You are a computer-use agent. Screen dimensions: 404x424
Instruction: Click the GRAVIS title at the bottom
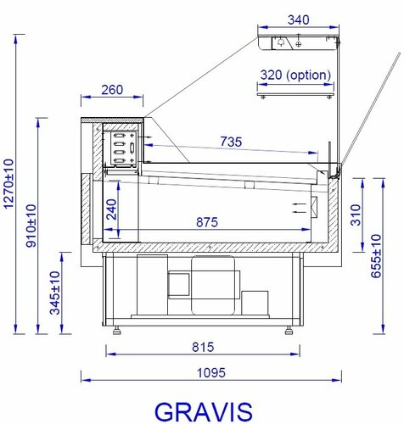click(204, 412)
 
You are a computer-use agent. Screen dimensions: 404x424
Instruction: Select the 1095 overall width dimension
click(211, 373)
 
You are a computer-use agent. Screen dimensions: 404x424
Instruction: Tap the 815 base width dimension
click(203, 347)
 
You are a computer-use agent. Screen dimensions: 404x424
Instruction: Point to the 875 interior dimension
click(207, 222)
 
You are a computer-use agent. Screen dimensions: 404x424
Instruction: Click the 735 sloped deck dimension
click(231, 142)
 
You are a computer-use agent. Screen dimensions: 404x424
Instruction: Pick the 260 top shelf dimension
click(112, 90)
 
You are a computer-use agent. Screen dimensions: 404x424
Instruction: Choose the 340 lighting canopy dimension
click(298, 20)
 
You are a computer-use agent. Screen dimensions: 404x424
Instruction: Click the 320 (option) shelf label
click(295, 75)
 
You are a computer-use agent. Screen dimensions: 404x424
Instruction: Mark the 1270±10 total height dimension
click(8, 184)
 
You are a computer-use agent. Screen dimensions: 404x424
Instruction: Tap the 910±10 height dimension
click(31, 226)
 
